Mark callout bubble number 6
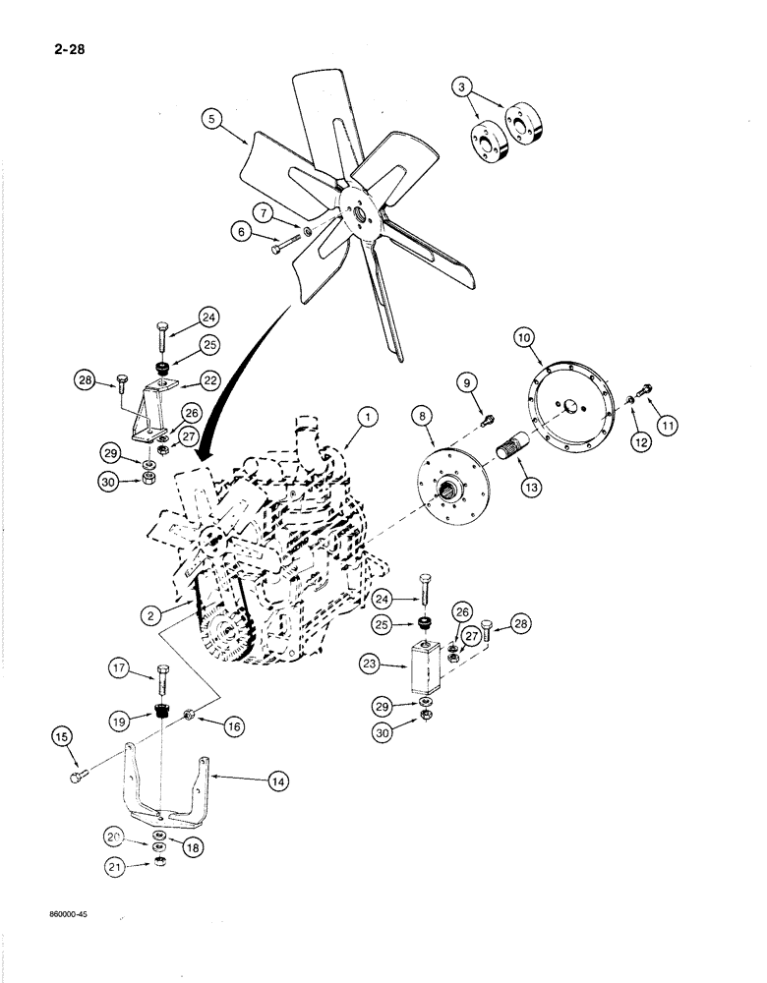coord(238,234)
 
